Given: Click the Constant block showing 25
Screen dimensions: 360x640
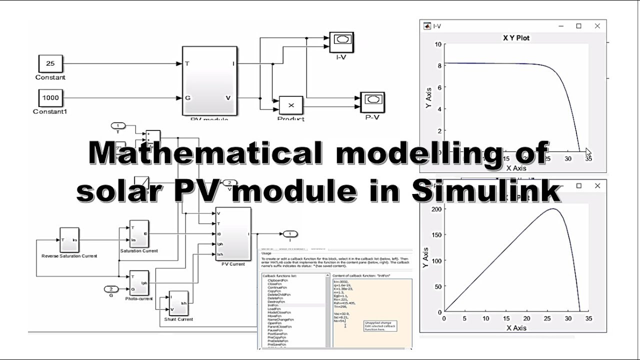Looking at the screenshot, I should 50,64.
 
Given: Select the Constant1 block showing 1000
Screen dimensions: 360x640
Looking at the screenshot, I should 50,97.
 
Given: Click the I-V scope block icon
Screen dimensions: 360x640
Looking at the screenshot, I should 342,41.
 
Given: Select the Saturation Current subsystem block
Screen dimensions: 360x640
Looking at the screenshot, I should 138,233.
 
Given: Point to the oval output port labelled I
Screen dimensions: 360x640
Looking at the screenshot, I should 290,233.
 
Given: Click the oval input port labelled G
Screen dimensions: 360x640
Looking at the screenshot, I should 111,289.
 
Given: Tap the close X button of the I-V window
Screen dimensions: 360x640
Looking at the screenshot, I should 597,26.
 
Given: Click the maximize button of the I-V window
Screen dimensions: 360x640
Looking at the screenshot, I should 578,26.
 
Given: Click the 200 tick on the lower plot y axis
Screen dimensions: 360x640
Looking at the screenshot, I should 435,209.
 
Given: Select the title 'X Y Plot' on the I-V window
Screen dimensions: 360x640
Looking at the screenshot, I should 515,38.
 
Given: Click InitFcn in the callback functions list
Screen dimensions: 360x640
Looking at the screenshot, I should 274,304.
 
